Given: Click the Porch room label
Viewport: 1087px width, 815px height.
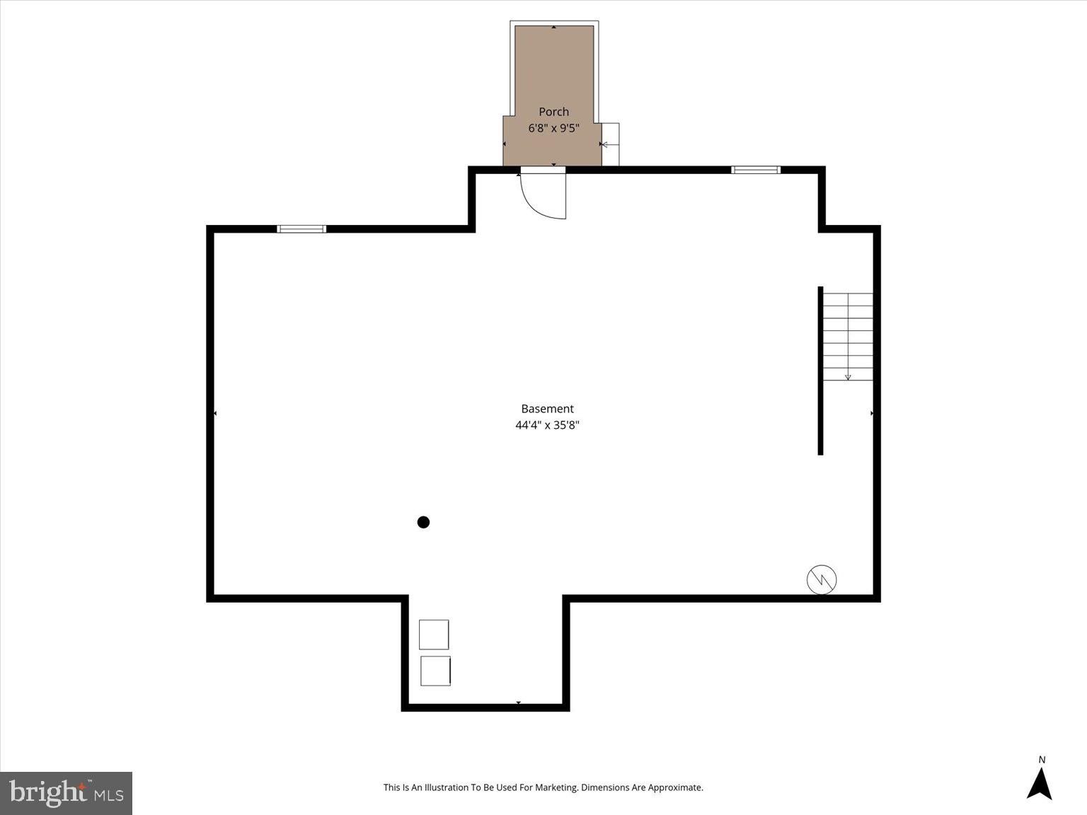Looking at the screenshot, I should pyautogui.click(x=553, y=112).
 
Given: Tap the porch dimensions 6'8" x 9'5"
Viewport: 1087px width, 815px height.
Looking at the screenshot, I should pyautogui.click(x=553, y=129).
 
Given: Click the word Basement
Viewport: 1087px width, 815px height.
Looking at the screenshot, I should pyautogui.click(x=547, y=409).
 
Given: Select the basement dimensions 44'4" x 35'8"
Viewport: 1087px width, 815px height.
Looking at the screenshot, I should pyautogui.click(x=547, y=425).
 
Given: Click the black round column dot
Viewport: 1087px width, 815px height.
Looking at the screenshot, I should pyautogui.click(x=423, y=523).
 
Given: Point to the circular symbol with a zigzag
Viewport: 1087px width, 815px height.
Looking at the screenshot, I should pyautogui.click(x=822, y=579).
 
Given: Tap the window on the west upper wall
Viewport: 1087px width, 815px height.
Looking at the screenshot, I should pyautogui.click(x=301, y=229).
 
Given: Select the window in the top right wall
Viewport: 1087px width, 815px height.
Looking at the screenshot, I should pyautogui.click(x=755, y=170).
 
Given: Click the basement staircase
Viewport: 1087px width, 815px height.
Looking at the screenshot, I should pyautogui.click(x=848, y=337).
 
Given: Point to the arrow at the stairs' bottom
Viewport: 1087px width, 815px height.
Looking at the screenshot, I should pyautogui.click(x=848, y=377).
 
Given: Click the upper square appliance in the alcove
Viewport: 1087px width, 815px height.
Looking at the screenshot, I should pyautogui.click(x=434, y=635).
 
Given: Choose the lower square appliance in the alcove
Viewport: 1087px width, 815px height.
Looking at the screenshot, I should pyautogui.click(x=435, y=671).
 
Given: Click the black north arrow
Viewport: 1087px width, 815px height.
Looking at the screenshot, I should pyautogui.click(x=1040, y=784).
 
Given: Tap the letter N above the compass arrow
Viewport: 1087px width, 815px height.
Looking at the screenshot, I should pyautogui.click(x=1042, y=760).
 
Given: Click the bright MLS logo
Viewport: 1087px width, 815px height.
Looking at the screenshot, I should pyautogui.click(x=67, y=793).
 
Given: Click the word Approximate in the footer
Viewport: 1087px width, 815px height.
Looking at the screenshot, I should pyautogui.click(x=675, y=787).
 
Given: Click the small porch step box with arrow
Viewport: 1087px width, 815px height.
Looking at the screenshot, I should pyautogui.click(x=610, y=144).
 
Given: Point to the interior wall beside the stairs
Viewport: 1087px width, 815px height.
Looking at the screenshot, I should pyautogui.click(x=820, y=371).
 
